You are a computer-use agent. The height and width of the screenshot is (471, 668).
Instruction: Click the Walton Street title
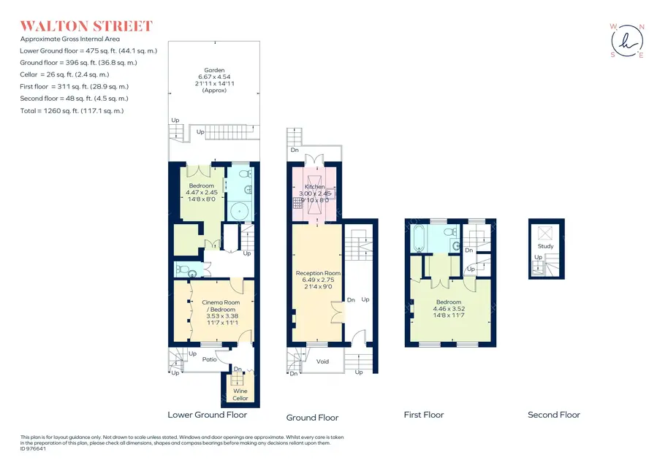pyautogui.click(x=86, y=26)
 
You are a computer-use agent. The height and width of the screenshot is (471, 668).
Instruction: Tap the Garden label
pyautogui.click(x=214, y=70)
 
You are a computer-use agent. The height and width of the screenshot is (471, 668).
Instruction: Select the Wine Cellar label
pyautogui.click(x=240, y=394)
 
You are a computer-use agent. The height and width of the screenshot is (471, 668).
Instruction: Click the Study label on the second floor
pyautogui.click(x=546, y=246)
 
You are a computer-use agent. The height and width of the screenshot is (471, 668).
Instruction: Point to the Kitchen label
pyautogui.click(x=315, y=187)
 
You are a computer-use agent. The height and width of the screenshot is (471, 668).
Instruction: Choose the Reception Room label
pyautogui.click(x=318, y=273)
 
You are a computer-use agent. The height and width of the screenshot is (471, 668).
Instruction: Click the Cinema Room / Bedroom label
pyautogui.click(x=221, y=306)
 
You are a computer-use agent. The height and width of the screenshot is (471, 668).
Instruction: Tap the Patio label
pyautogui.click(x=210, y=359)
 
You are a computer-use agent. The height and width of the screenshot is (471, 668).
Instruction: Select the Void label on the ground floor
pyautogui.click(x=322, y=361)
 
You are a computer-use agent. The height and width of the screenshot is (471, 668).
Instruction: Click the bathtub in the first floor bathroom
pyautogui.click(x=418, y=238)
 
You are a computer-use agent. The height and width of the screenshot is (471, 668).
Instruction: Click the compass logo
pyautogui.click(x=627, y=41)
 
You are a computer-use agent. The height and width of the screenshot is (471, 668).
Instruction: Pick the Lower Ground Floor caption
pyautogui.click(x=207, y=415)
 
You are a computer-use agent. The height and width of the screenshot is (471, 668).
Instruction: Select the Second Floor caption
pyautogui.click(x=554, y=415)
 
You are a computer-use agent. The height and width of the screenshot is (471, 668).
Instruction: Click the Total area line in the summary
pyautogui.click(x=72, y=111)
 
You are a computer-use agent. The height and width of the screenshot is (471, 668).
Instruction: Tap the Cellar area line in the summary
pyautogui.click(x=64, y=74)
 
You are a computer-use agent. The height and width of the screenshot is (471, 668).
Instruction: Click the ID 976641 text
pyautogui.click(x=33, y=448)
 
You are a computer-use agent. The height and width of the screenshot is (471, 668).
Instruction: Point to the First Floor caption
pyautogui.click(x=424, y=415)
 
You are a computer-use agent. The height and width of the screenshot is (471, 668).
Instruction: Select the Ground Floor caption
pyautogui.click(x=312, y=418)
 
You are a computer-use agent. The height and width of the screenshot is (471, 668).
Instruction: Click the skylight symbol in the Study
pyautogui.click(x=545, y=233)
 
